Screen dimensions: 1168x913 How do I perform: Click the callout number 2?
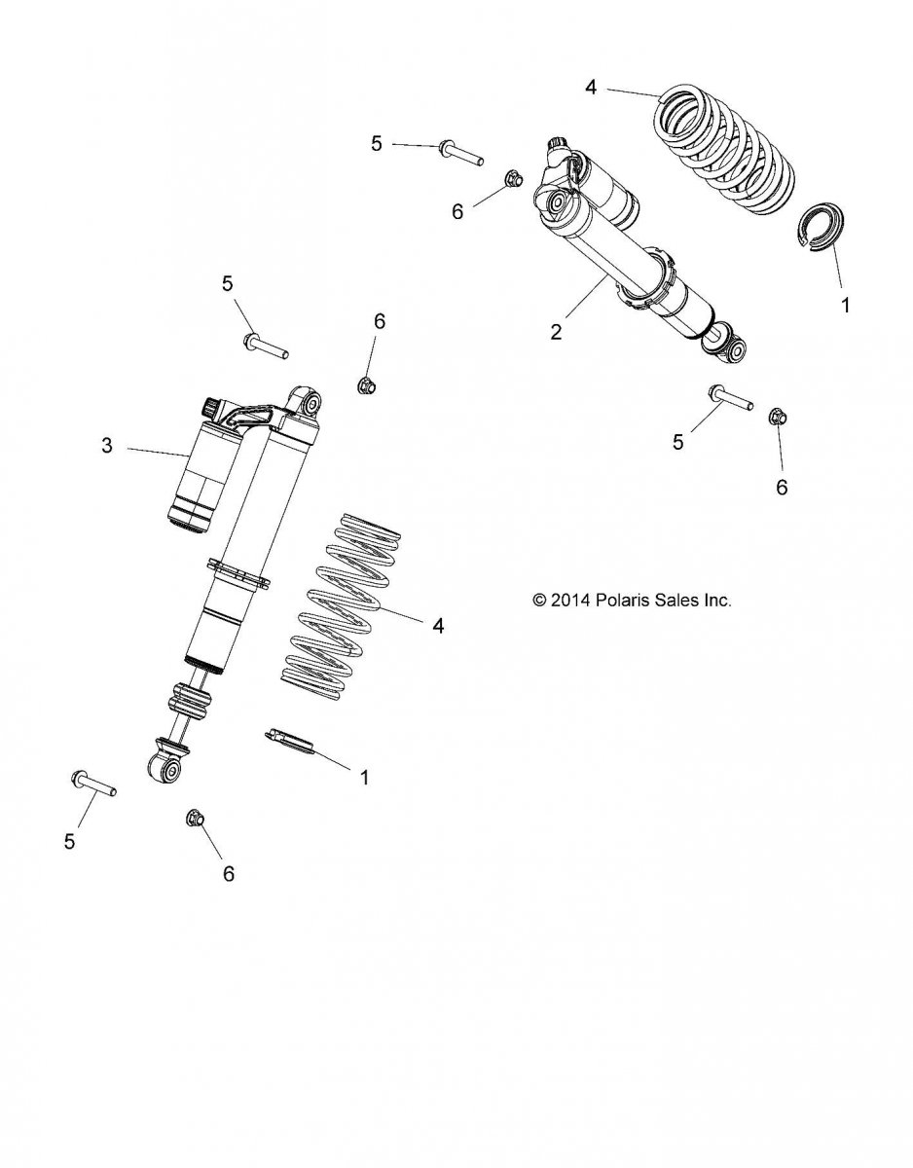[556, 331]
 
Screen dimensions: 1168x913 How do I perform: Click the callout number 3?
[107, 446]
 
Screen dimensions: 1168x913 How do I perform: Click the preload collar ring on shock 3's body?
[237, 575]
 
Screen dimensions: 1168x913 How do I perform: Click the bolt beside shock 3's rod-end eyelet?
[93, 784]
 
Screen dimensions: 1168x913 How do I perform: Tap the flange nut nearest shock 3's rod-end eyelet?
[195, 819]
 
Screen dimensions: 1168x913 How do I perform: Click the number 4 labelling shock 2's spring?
[591, 88]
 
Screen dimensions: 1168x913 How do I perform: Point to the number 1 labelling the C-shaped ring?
[845, 304]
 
